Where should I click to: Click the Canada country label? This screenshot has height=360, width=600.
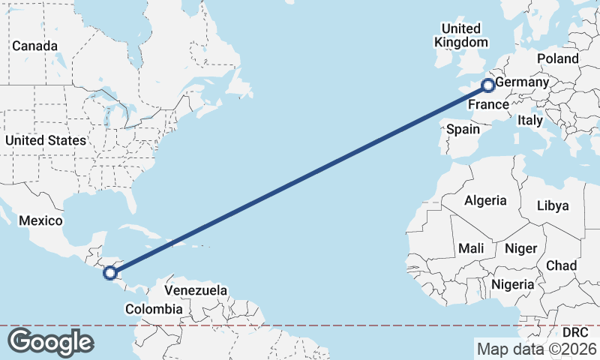[34, 46]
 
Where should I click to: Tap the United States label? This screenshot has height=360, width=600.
[45, 140]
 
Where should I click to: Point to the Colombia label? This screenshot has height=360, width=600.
[154, 309]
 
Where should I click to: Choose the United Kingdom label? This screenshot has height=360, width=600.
[460, 35]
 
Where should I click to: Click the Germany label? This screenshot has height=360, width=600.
[523, 82]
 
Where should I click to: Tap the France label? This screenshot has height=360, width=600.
[488, 105]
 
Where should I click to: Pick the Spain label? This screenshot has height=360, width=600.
[463, 129]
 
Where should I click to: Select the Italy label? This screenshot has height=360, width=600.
[531, 120]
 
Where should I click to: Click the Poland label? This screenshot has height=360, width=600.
[558, 58]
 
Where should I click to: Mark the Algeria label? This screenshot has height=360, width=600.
[486, 201]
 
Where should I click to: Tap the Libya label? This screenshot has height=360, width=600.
[553, 205]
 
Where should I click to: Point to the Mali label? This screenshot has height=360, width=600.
[471, 248]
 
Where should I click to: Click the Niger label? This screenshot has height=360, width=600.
[520, 248]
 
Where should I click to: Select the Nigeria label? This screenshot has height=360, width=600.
[513, 284]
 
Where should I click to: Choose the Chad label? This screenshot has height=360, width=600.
[562, 265]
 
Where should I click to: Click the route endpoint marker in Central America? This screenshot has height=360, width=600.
[110, 273]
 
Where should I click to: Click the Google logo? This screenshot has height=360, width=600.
[50, 342]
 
